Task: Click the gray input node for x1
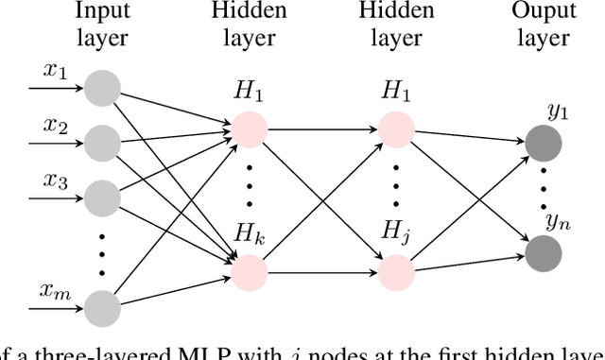coord(101,89)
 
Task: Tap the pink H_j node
coord(396,269)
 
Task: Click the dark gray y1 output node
coord(544,145)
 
